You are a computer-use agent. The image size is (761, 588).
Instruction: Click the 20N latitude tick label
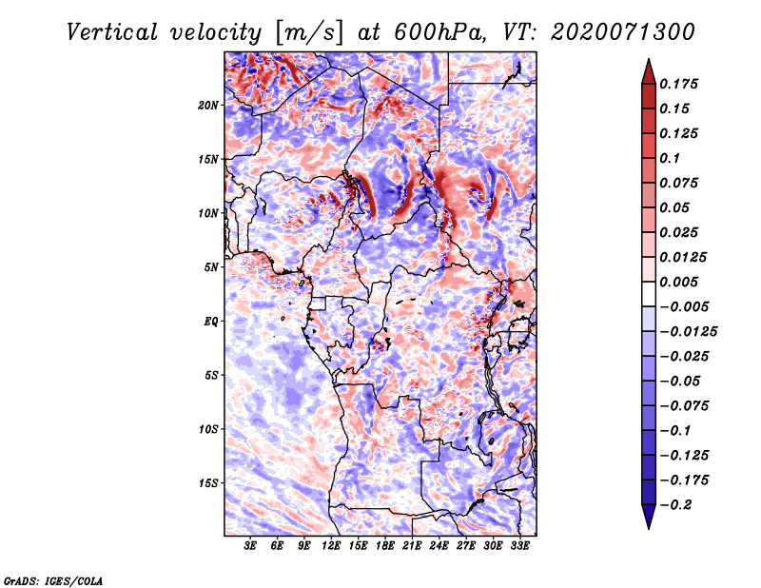[207, 106]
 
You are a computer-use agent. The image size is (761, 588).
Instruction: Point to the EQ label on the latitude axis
[210, 322]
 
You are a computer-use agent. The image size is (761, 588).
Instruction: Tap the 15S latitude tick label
[207, 483]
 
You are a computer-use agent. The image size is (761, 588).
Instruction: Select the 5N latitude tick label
[210, 267]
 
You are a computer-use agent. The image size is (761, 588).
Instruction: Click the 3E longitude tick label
[250, 545]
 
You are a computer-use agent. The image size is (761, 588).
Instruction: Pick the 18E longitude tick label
[384, 545]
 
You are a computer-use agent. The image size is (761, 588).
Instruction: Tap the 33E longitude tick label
[519, 545]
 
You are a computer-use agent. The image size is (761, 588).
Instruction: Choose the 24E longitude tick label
[439, 545]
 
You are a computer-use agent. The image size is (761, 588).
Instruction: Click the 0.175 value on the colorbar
[678, 84]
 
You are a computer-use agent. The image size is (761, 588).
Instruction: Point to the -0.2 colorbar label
[675, 505]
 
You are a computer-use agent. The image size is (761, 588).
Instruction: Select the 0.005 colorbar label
[678, 282]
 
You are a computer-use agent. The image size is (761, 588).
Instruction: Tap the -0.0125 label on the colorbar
[688, 332]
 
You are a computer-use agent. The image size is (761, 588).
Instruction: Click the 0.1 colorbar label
[670, 158]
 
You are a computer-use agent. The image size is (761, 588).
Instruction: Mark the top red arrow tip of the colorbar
[649, 59]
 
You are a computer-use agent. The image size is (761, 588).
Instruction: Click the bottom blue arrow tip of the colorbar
[649, 528]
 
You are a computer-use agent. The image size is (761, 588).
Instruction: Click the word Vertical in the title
[112, 32]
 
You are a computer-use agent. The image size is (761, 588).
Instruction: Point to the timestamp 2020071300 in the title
[623, 32]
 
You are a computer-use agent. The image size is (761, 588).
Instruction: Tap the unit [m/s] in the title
[309, 32]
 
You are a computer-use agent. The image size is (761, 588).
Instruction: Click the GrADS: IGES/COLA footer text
[53, 581]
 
